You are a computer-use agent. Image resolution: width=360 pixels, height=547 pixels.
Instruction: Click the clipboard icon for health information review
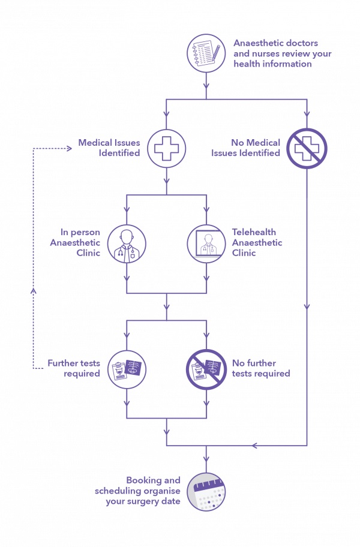pos(206,53)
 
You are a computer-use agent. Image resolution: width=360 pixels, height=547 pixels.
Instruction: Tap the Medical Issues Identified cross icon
pos(166,148)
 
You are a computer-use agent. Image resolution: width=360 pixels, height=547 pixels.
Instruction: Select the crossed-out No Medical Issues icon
pos(306,148)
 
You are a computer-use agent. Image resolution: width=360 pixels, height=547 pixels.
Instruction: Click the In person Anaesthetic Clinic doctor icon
pos(127,243)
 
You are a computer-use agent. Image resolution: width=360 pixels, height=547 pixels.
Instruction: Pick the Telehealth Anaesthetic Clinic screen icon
pos(206,243)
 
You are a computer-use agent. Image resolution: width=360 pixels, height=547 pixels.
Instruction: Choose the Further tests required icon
pos(127,368)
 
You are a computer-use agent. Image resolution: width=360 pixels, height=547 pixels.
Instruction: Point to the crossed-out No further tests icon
pos(206,368)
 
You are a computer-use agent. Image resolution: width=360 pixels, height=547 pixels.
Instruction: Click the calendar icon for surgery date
pos(206,491)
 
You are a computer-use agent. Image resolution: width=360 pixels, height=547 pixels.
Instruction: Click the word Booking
pos(144,480)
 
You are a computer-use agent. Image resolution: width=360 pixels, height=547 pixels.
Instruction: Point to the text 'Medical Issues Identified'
pos(109,148)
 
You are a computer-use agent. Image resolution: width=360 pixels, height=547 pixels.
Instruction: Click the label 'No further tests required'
pos(261,368)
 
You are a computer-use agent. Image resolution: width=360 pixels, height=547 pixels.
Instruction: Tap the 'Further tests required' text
pos(74,368)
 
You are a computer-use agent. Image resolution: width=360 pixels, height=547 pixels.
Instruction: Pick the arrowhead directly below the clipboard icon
pos(206,94)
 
